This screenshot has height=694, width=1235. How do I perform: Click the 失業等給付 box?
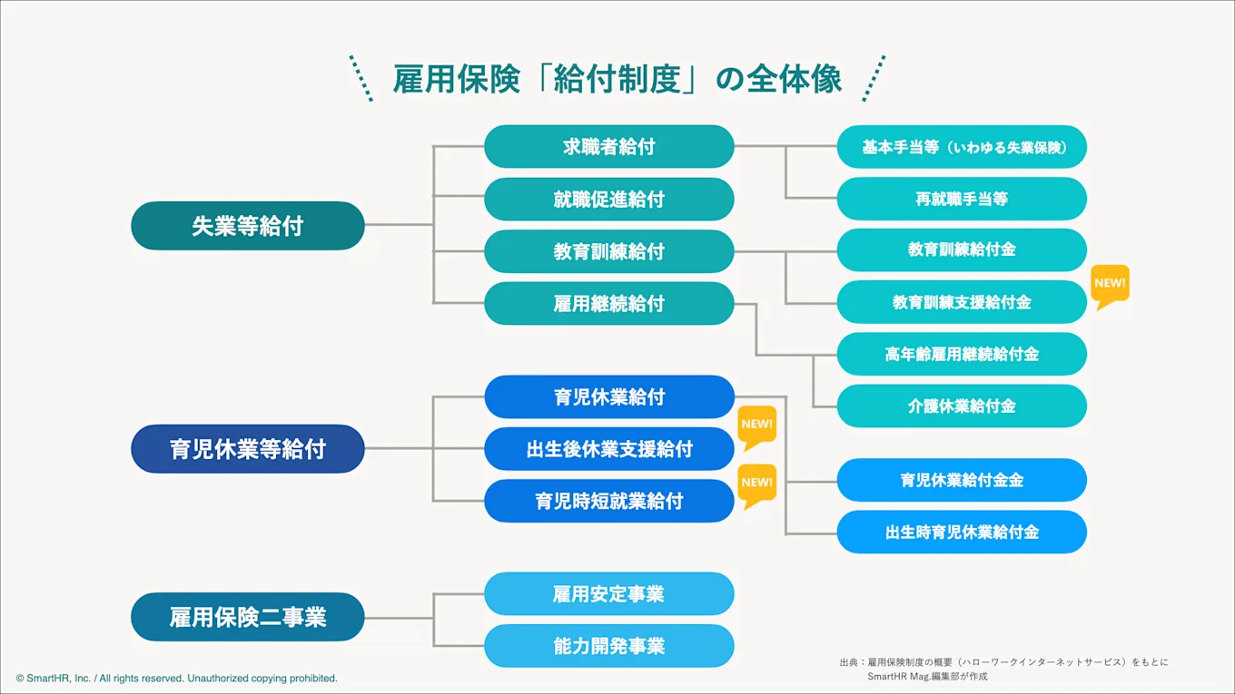tap(247, 226)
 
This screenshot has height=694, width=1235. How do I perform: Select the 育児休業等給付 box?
tap(247, 449)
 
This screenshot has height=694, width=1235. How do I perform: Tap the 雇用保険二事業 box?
tap(247, 618)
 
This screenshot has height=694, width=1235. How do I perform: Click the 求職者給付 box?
tap(608, 147)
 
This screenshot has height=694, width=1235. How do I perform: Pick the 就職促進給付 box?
tap(608, 200)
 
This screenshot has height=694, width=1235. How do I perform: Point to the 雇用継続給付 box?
tap(608, 304)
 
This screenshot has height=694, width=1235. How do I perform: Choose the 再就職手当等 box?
tap(962, 199)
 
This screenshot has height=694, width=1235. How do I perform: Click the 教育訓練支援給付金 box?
tap(962, 302)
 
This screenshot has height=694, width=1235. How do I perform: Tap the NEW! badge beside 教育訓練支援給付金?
tap(1110, 285)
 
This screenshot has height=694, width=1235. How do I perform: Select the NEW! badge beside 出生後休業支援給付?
tap(756, 425)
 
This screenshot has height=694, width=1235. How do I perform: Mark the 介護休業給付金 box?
tap(962, 406)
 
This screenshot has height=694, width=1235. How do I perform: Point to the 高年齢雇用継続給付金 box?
tap(962, 355)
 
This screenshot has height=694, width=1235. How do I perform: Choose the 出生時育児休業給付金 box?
tap(962, 533)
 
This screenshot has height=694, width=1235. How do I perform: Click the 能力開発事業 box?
tap(608, 646)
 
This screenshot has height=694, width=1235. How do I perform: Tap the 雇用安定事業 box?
tap(608, 594)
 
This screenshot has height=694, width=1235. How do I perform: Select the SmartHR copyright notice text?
tap(176, 678)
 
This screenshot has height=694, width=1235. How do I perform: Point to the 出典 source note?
tap(1003, 669)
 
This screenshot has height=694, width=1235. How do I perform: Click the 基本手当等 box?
tap(962, 147)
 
